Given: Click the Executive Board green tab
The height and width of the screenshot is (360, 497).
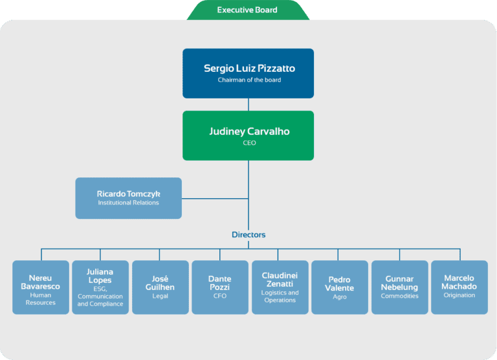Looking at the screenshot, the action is coord(248,10).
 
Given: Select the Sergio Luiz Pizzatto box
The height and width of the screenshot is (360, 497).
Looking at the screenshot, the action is coord(248,73).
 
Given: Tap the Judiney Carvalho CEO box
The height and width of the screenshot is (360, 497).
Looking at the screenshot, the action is coord(248,135).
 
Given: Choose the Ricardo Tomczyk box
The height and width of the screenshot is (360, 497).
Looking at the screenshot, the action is coord(128,198).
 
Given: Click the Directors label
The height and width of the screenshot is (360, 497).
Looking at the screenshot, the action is coord(248,235).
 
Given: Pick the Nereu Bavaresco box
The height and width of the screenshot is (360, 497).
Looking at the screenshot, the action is coord(41,287).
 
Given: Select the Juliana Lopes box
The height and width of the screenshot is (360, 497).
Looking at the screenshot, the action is coord(100,287).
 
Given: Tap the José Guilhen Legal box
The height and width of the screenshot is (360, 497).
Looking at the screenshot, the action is coord(160,287).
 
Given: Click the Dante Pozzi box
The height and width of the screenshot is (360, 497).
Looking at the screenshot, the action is coord(220,287).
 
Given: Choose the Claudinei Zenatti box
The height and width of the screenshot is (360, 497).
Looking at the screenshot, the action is coord(280,287).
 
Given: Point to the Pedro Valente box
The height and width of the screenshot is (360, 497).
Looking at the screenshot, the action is coord(340,287).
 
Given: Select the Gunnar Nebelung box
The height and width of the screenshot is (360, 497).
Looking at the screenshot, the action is coord(399,287).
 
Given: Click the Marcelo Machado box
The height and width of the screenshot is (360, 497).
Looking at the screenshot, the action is coord(459,287).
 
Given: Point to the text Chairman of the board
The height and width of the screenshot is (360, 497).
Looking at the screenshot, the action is coord(249,80).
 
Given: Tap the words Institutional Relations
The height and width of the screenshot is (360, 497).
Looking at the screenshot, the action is coord(128,203).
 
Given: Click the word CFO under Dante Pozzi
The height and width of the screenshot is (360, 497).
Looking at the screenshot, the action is coord(220,296).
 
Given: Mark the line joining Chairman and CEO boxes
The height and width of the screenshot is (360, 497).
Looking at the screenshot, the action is coord(248,105).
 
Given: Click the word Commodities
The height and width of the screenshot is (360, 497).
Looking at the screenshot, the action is coord(399,296).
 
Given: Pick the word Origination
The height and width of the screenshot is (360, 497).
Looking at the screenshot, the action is coord(459,295).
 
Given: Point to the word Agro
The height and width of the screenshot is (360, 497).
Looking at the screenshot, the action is coord(340,297).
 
